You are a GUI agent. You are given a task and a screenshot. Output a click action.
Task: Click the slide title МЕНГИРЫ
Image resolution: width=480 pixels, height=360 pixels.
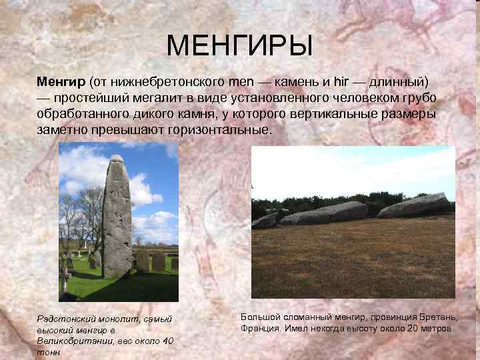(x=239, y=46)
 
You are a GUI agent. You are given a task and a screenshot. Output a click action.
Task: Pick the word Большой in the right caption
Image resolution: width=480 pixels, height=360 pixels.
(x=256, y=317)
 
